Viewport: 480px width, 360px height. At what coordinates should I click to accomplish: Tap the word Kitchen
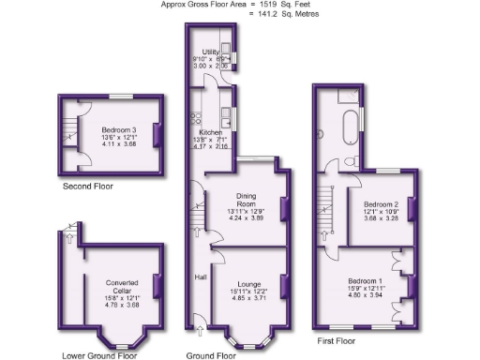tap(210, 132)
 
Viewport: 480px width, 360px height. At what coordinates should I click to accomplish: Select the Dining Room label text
tap(246, 199)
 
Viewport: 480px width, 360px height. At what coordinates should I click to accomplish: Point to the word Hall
tap(201, 277)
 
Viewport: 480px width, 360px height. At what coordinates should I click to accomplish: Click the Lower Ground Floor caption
tap(99, 354)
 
